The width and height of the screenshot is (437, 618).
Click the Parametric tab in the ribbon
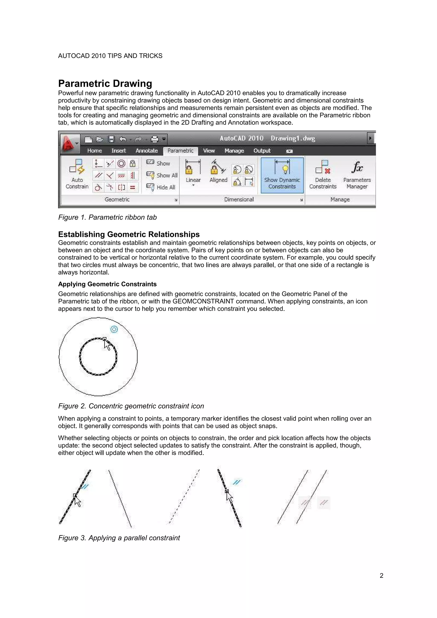pos(180,151)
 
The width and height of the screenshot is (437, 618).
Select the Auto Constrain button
pos(77,174)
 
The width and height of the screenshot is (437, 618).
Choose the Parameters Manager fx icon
pos(357,167)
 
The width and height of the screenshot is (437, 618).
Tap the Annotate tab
pos(146,151)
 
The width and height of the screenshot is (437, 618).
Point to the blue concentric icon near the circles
pos(114,329)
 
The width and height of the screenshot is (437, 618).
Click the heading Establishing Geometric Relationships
pos(129,234)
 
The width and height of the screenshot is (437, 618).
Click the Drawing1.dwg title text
pos(293,138)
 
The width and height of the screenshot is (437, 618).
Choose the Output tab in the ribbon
pos(262,151)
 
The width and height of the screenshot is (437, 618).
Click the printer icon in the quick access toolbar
pos(155,139)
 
